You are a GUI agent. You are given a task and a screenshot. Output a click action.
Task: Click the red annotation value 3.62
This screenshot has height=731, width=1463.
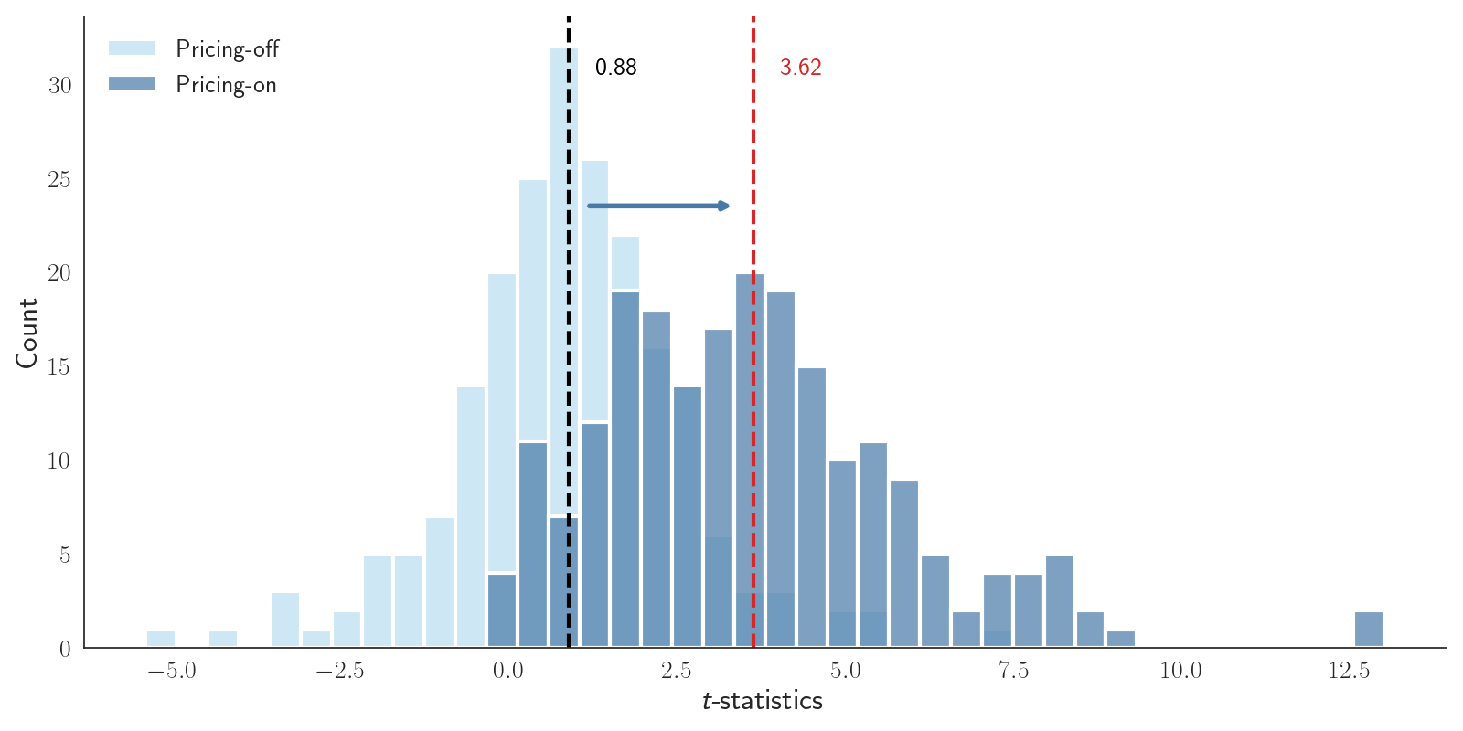tap(800, 68)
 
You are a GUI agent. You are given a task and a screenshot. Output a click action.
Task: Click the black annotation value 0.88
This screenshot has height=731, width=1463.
tap(615, 68)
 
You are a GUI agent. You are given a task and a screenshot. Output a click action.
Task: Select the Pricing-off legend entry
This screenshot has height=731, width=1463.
tap(226, 48)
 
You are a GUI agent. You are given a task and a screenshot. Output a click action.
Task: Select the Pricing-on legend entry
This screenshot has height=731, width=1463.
tap(225, 85)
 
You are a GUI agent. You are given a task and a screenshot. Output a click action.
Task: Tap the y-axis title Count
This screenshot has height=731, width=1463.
tap(27, 333)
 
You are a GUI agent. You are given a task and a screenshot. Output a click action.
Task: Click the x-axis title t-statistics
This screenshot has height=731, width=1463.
tap(763, 701)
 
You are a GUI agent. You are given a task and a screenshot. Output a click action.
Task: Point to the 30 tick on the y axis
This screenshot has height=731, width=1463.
tap(59, 86)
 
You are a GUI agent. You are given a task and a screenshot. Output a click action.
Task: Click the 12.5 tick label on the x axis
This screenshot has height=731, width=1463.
tap(1349, 672)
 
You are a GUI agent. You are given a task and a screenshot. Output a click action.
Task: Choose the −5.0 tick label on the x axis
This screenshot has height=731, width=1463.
tap(171, 672)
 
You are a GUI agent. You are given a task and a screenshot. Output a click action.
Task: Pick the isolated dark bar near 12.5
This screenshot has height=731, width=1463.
tap(1368, 630)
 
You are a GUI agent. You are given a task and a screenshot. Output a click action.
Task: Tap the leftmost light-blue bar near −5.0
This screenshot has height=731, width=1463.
tap(161, 639)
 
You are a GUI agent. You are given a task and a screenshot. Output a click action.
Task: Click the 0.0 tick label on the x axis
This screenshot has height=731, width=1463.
tap(508, 672)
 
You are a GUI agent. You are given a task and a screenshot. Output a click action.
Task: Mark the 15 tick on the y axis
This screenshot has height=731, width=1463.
tap(59, 367)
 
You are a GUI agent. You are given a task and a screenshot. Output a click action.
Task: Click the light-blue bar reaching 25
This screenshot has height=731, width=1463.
tap(533, 311)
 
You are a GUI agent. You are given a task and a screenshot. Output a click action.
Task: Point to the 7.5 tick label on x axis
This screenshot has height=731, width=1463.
tap(1013, 672)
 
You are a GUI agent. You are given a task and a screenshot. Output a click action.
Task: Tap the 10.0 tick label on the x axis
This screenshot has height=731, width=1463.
tap(1180, 672)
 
